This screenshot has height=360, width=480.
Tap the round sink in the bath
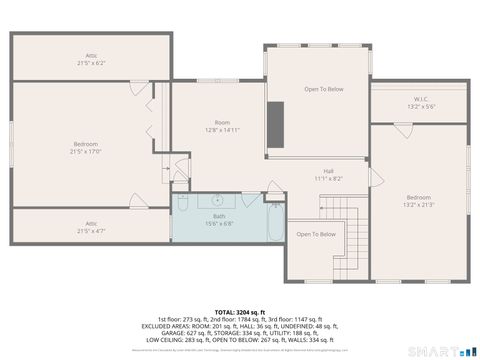pos(217,199)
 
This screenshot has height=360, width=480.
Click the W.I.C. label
pos(420,98)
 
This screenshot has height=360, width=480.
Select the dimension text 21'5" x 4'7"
pos(91,231)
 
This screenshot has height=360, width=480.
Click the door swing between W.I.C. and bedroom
pos(402,129)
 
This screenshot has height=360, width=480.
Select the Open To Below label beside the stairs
pos(315,234)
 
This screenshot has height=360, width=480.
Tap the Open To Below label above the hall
pos(324,89)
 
